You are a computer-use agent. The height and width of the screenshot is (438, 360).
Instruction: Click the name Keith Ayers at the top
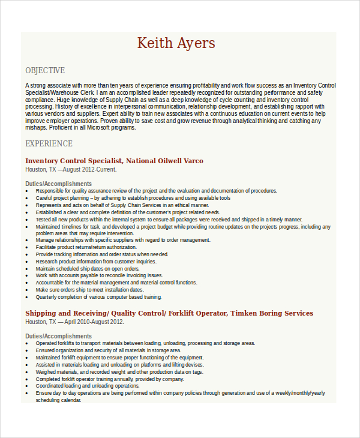176,43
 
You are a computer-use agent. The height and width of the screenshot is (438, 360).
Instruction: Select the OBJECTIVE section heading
45,70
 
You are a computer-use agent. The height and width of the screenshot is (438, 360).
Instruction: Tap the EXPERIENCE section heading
49,143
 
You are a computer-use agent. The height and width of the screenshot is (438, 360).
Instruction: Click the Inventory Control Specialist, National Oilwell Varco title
114,161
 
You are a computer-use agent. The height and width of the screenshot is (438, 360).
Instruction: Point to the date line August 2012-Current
71,169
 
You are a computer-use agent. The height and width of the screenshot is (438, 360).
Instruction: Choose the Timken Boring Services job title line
169,313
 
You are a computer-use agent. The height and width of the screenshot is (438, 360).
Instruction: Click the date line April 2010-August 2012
74,322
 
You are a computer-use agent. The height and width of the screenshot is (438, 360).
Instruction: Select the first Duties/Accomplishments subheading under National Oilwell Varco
58,184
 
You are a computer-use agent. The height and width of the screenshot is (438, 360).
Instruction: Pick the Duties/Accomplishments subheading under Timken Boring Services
58,336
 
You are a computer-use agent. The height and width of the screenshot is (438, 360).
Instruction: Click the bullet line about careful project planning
133,198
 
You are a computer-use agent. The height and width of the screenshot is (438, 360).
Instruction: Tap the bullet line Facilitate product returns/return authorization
86,247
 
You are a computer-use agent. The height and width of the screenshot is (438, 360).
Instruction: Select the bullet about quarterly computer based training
98,297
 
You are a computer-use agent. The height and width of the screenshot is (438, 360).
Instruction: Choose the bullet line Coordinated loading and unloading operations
87,386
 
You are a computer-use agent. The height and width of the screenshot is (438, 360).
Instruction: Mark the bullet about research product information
95,262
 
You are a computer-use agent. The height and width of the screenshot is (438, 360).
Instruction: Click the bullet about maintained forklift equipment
120,358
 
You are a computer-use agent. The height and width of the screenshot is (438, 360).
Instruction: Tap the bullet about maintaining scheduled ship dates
88,269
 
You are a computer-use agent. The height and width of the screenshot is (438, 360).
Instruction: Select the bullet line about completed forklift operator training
109,379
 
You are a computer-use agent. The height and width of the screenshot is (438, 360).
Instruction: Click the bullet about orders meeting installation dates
95,290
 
